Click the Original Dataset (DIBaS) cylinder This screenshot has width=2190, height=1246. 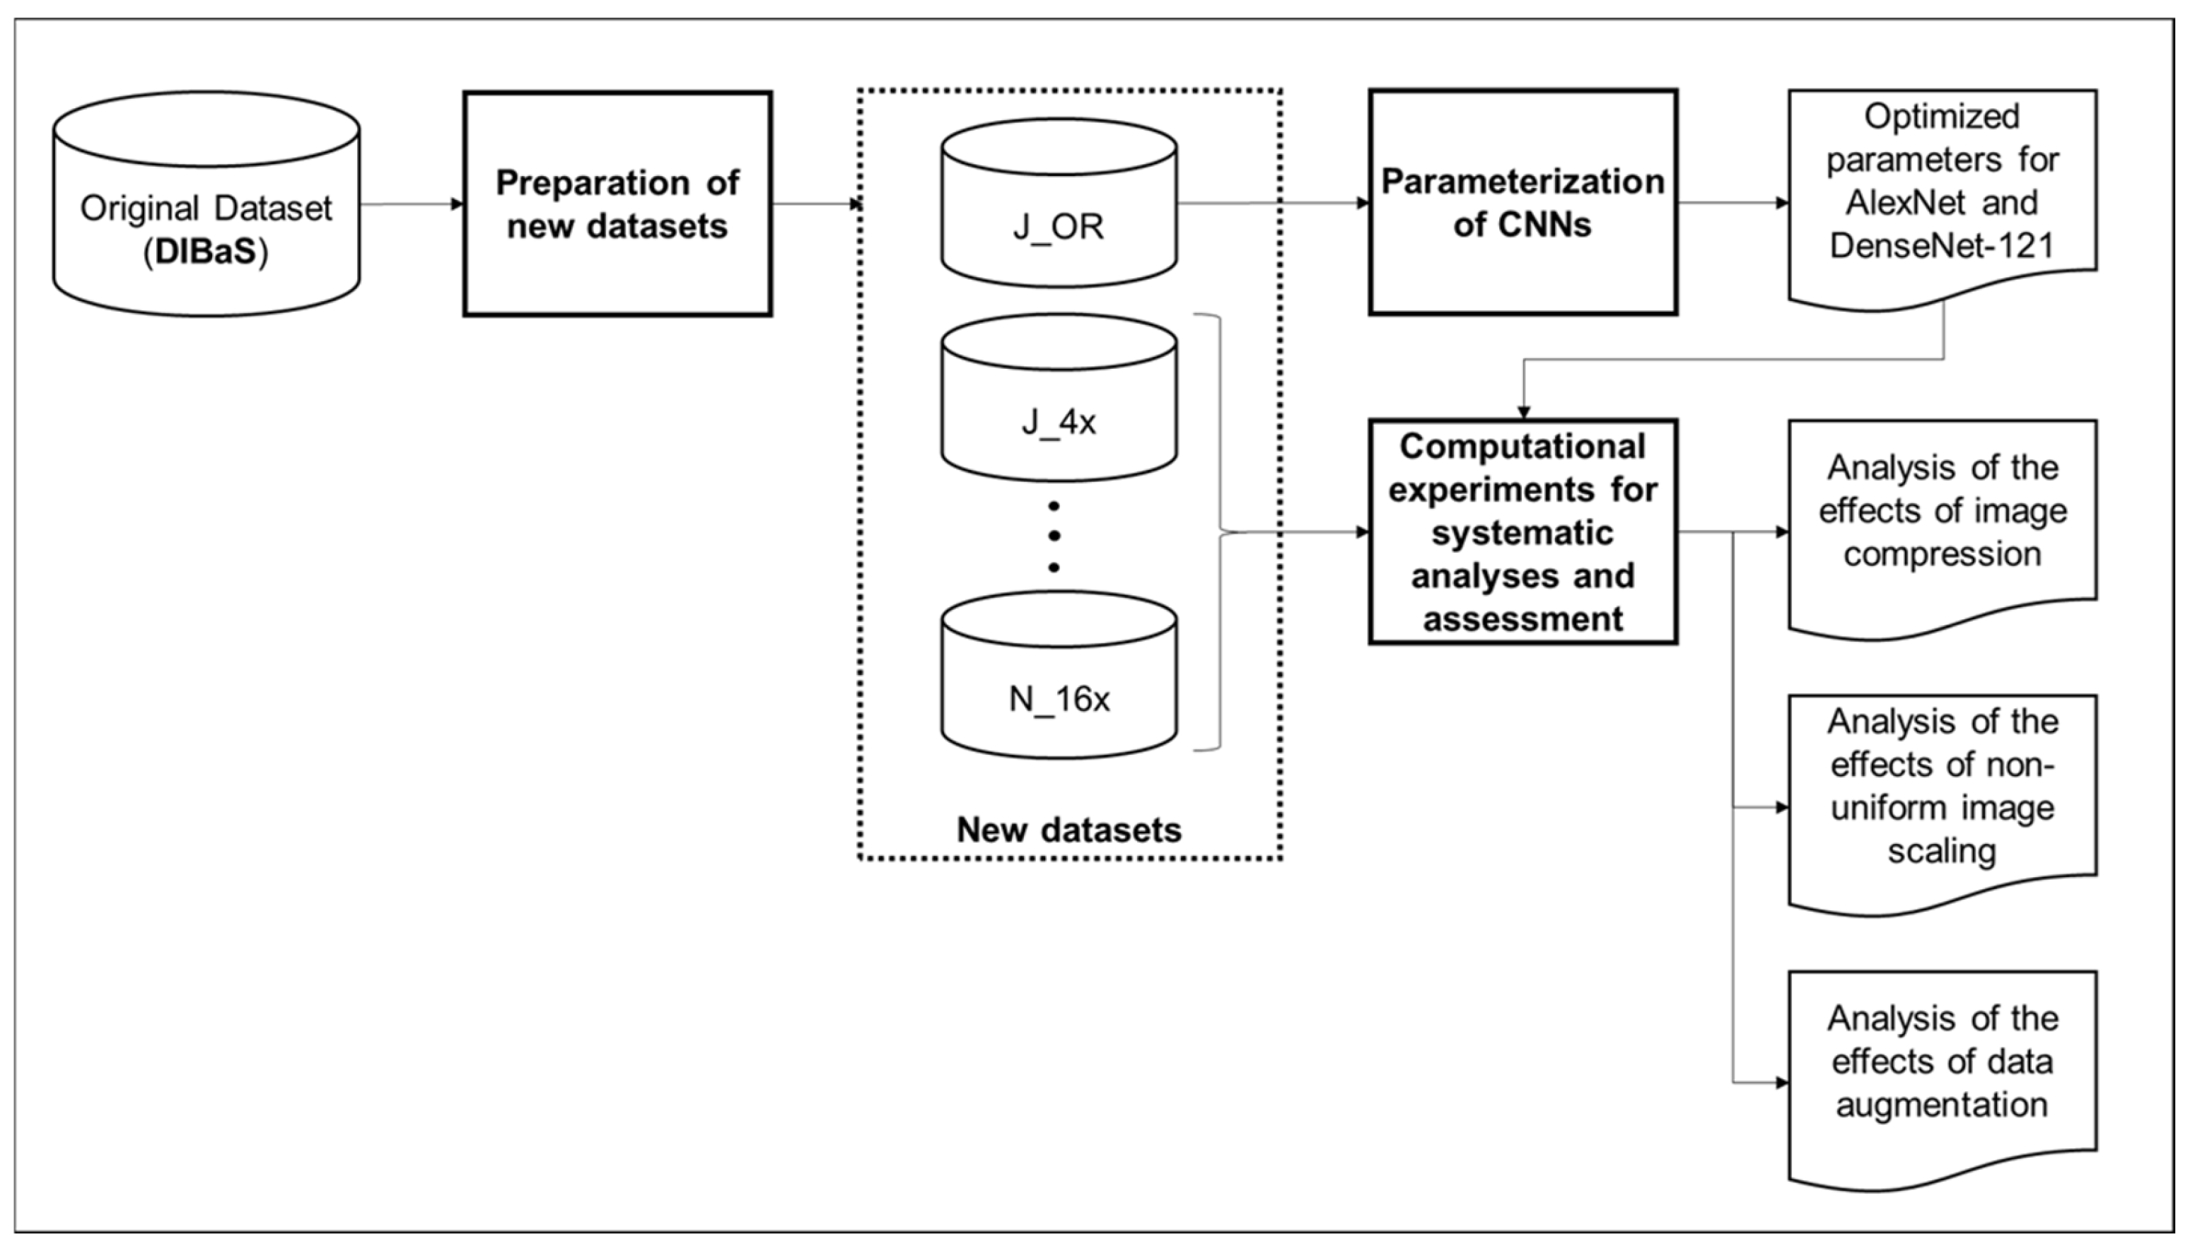point(206,206)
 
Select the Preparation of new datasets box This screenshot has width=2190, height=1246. point(617,204)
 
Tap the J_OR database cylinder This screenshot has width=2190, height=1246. point(1059,204)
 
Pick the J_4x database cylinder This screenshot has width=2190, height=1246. point(1059,399)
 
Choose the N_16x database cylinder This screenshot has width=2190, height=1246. point(1059,676)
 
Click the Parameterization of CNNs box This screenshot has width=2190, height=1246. point(1522,203)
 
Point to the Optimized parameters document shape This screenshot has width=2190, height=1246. point(1942,196)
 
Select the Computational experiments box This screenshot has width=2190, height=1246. point(1522,531)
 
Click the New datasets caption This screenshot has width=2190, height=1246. point(1068,830)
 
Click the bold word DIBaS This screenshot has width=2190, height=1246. point(206,253)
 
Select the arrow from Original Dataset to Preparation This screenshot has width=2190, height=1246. point(411,204)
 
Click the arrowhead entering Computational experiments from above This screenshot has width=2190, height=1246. point(1523,411)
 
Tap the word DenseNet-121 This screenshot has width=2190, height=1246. point(1942,247)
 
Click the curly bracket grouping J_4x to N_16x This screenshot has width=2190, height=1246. point(1220,532)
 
